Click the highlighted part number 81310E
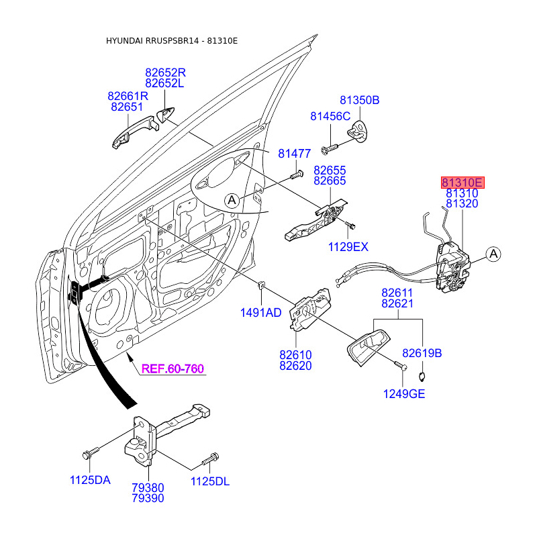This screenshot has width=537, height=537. click(462, 182)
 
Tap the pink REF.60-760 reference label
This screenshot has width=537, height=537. click(173, 369)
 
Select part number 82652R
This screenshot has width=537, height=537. click(165, 72)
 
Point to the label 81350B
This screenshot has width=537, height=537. click(359, 101)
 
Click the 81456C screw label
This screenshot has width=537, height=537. click(330, 116)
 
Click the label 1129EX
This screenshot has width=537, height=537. click(348, 247)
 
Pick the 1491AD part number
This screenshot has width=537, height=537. click(260, 313)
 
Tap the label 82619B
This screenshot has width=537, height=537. click(422, 352)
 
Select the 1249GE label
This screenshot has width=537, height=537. click(405, 394)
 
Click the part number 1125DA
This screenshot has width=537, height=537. click(90, 480)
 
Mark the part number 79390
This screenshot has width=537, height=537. click(148, 498)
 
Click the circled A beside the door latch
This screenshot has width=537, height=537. click(493, 254)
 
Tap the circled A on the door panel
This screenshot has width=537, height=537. click(232, 199)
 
